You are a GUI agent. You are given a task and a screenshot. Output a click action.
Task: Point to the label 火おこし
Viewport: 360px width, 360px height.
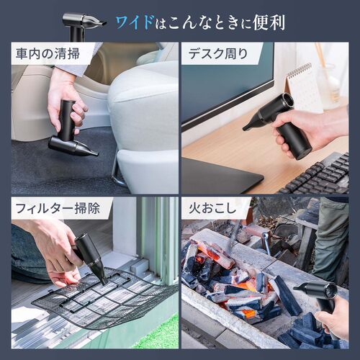(209, 210)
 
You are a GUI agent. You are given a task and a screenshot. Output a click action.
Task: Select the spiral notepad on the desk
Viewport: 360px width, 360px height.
(302, 86)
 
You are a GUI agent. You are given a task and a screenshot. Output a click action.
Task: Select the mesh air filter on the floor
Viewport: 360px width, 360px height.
(108, 302)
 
